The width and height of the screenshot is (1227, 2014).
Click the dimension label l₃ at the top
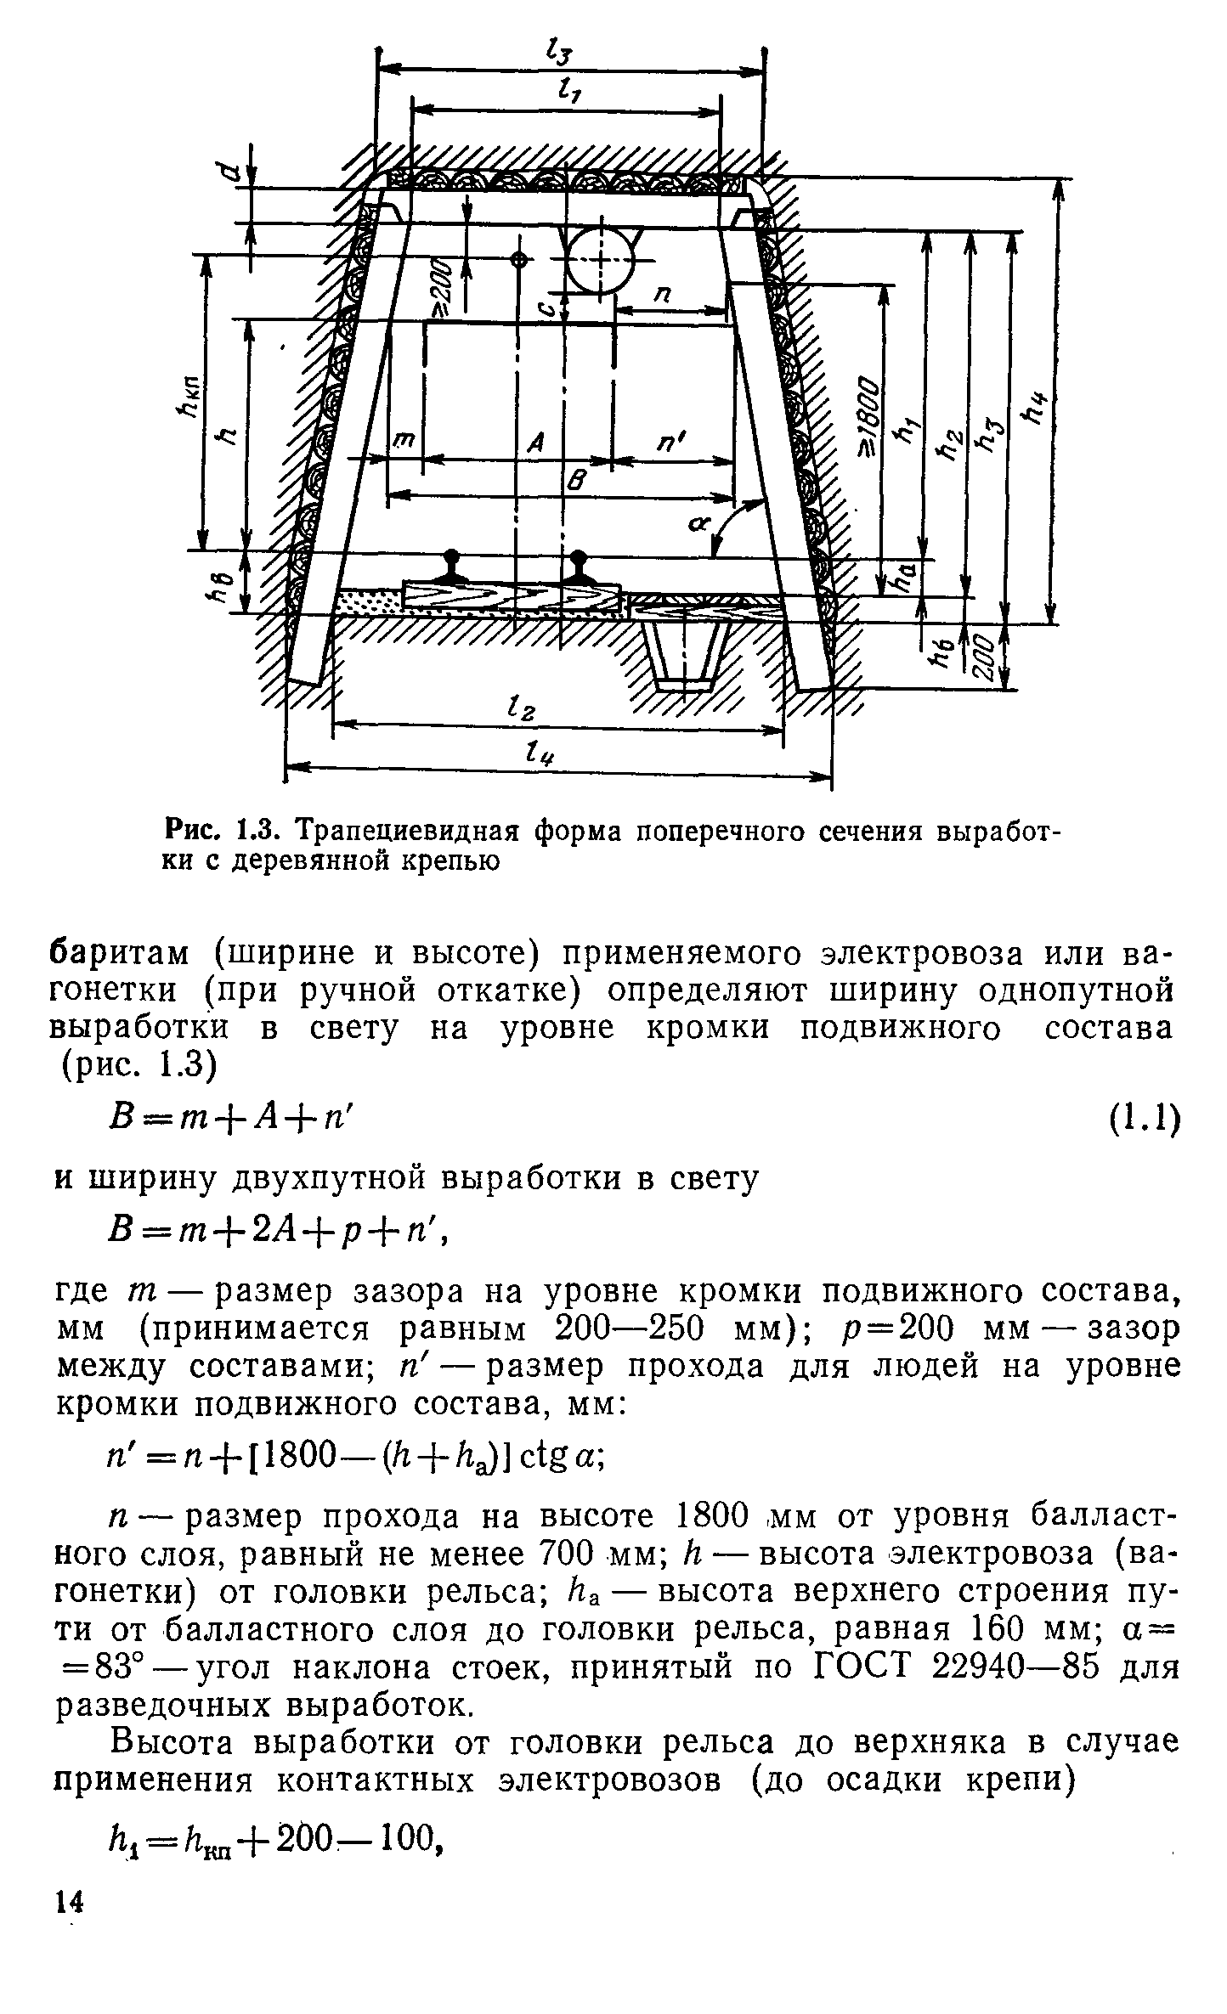[560, 56]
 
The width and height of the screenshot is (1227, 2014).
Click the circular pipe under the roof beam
[601, 260]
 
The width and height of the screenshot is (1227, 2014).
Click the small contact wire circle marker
[517, 258]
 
